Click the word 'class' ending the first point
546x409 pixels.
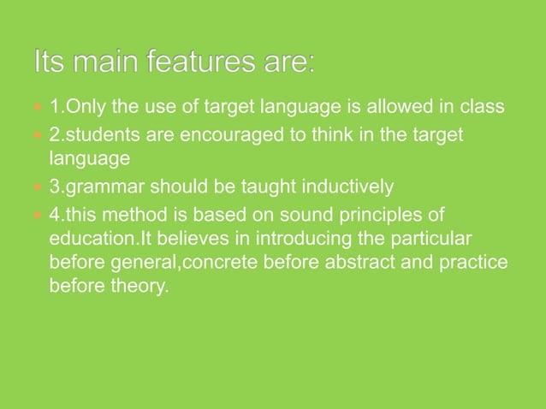point(484,109)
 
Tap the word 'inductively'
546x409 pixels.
point(351,186)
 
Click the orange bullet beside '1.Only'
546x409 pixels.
point(37,110)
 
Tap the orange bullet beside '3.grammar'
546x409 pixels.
point(37,187)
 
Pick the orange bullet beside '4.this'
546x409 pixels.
point(37,213)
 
